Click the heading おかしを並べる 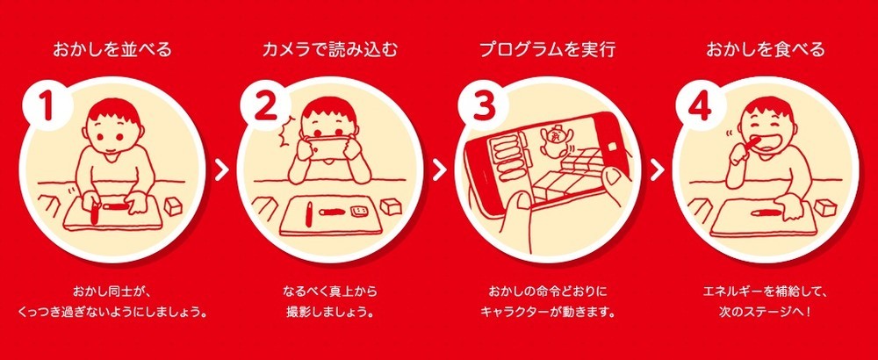(x=111, y=50)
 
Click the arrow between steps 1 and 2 (x=220, y=169)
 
